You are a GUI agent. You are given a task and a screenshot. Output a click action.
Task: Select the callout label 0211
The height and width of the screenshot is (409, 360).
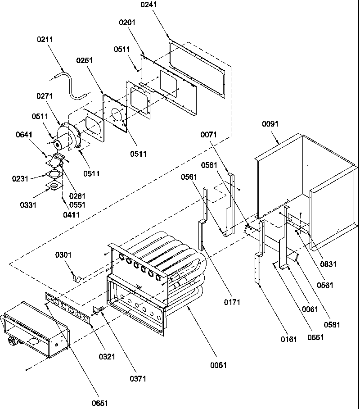[x=45, y=39]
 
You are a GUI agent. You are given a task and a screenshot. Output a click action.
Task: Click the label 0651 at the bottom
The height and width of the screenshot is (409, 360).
[x=99, y=403]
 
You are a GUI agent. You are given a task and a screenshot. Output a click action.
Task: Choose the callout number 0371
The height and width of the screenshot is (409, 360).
[x=138, y=379]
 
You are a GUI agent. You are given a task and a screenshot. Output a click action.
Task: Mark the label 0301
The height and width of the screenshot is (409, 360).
[x=63, y=255]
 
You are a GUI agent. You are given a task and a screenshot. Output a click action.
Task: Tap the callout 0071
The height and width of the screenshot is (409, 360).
[x=209, y=134]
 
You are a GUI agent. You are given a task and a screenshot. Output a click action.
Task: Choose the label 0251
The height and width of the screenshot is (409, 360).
[x=84, y=60]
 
